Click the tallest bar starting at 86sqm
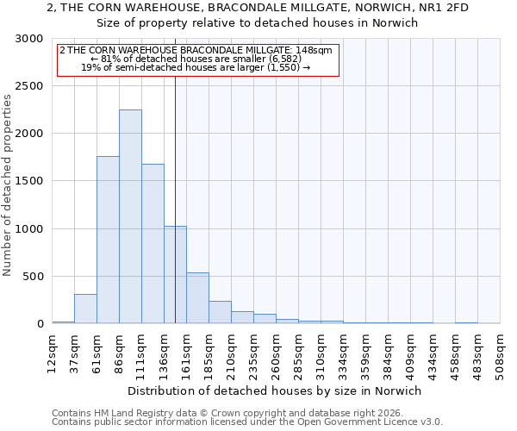pos(130,216)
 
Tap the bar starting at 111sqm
pos(153,243)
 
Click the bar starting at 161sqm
pos(197,298)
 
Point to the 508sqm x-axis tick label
pos(501,351)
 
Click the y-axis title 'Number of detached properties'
pos(8,185)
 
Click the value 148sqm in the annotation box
pos(315,51)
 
